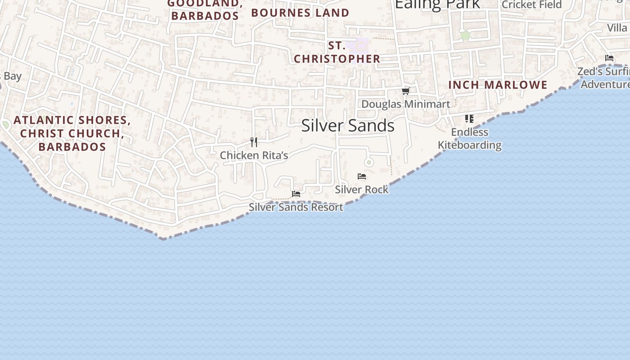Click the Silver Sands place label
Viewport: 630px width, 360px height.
click(x=348, y=126)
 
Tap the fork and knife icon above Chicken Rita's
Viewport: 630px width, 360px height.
click(x=254, y=142)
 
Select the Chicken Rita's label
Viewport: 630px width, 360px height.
click(x=254, y=155)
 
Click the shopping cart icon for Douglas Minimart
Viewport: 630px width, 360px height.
click(x=405, y=91)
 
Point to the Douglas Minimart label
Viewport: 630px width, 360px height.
click(x=405, y=104)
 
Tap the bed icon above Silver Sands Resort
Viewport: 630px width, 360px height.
click(x=296, y=193)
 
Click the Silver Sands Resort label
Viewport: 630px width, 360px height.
click(x=296, y=207)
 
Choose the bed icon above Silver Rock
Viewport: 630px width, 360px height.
click(x=362, y=176)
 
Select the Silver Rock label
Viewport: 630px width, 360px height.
click(x=362, y=189)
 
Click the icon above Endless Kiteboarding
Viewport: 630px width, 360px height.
click(x=469, y=119)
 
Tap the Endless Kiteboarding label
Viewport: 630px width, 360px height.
click(x=470, y=139)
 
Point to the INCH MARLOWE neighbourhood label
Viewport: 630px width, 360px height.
click(x=498, y=85)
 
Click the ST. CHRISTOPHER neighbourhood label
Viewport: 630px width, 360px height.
click(x=337, y=52)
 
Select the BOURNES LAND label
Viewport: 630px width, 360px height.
click(x=300, y=13)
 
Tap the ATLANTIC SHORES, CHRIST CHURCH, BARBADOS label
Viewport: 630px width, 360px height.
click(x=72, y=133)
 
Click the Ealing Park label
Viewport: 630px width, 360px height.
click(x=437, y=4)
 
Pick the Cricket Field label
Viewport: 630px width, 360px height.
click(x=531, y=4)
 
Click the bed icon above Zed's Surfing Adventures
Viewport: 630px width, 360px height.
click(x=609, y=58)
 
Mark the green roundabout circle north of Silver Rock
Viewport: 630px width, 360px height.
click(x=369, y=162)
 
